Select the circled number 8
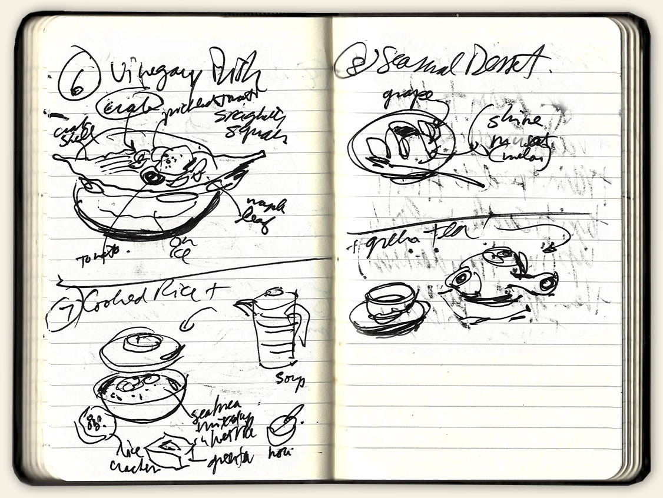[352, 62]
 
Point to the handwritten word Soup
[290, 379]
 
